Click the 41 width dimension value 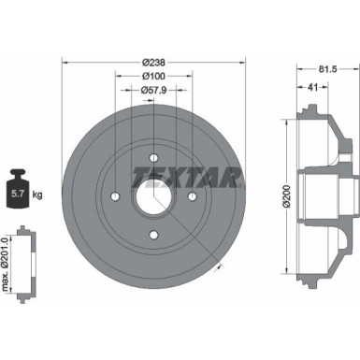click(309, 87)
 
